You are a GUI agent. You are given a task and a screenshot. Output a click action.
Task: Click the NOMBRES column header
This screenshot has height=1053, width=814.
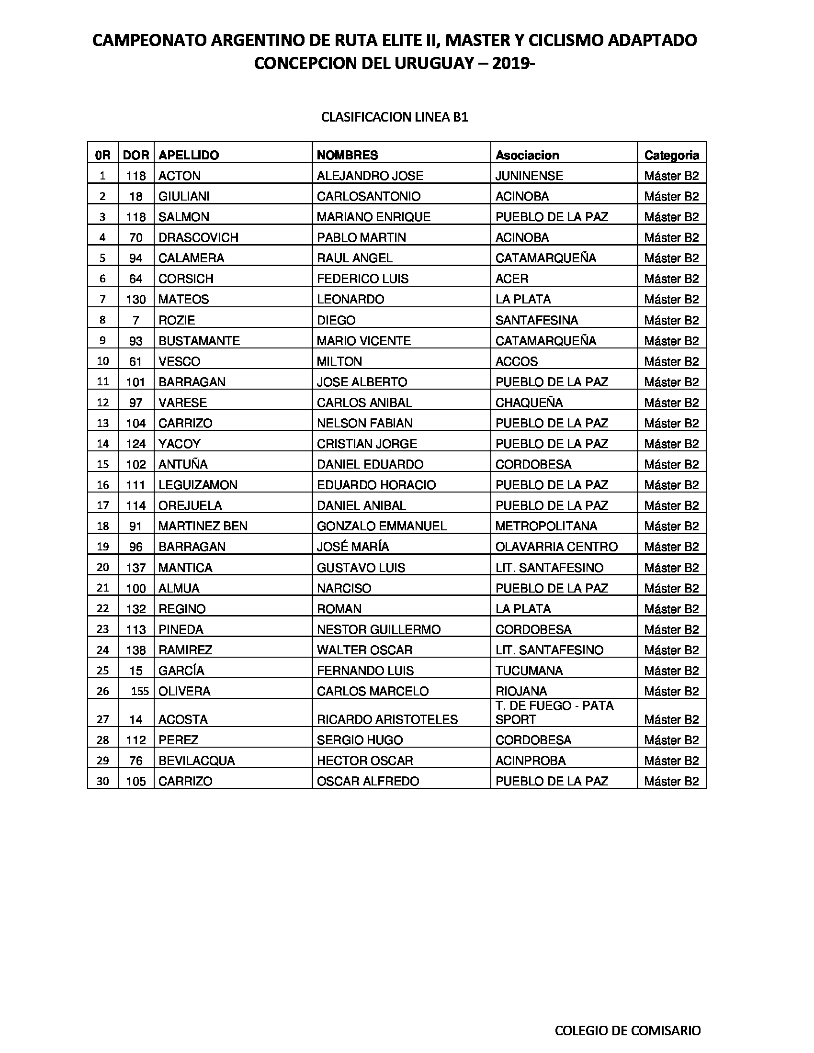pyautogui.click(x=347, y=155)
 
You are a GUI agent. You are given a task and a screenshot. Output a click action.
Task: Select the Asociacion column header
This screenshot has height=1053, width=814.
pyautogui.click(x=527, y=155)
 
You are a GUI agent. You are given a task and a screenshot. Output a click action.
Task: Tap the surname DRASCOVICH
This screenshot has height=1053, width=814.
pyautogui.click(x=198, y=237)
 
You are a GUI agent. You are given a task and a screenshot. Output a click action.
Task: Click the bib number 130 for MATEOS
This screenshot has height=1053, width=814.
pyautogui.click(x=136, y=300)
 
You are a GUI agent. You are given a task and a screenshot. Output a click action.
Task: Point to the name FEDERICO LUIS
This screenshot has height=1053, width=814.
pyautogui.click(x=362, y=279)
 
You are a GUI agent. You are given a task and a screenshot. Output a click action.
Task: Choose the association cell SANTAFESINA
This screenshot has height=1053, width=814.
pyautogui.click(x=536, y=320)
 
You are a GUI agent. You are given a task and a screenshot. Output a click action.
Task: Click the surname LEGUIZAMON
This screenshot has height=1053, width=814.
pyautogui.click(x=198, y=485)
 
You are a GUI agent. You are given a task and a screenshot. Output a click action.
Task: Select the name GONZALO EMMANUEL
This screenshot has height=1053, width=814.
pyautogui.click(x=382, y=526)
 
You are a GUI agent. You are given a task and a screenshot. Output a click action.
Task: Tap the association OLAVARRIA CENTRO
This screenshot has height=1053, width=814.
pyautogui.click(x=556, y=547)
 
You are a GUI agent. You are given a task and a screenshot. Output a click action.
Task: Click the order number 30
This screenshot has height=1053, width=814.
pyautogui.click(x=103, y=781)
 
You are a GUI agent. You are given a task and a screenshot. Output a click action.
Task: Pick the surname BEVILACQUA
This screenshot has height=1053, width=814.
pyautogui.click(x=196, y=761)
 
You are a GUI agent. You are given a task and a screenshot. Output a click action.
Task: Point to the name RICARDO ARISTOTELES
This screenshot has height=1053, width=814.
pyautogui.click(x=387, y=719)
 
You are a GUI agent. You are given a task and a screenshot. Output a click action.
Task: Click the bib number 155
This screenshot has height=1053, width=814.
pyautogui.click(x=140, y=691)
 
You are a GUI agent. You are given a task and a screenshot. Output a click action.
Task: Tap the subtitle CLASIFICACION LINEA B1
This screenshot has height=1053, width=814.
pyautogui.click(x=395, y=118)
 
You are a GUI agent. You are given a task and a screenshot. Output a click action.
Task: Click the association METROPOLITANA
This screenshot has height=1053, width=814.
pyautogui.click(x=546, y=526)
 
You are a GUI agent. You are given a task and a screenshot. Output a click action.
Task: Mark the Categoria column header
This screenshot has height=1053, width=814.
pyautogui.click(x=671, y=155)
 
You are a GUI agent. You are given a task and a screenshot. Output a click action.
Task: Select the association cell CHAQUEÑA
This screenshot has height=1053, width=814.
pyautogui.click(x=529, y=403)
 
